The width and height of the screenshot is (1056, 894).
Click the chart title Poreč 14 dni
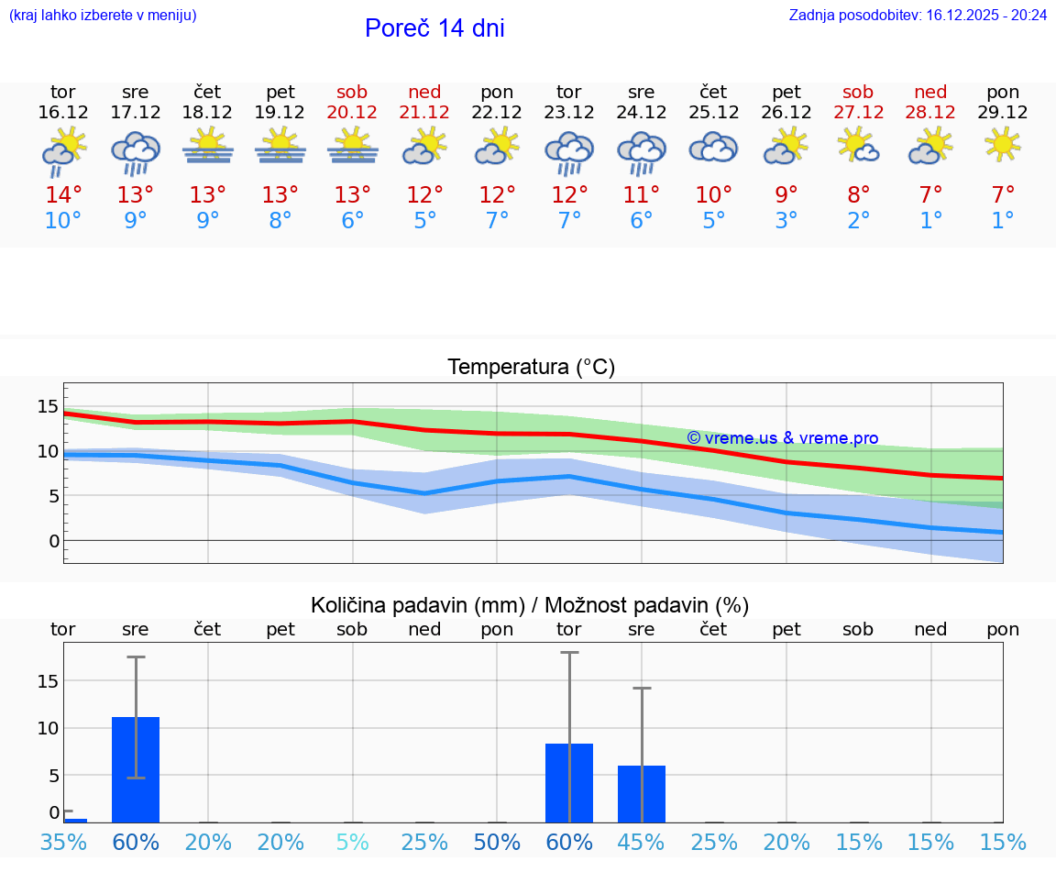[434, 28]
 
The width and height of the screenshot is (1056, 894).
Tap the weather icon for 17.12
[136, 153]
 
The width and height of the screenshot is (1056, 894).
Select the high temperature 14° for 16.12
[63, 195]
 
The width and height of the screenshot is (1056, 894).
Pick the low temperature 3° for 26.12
[786, 221]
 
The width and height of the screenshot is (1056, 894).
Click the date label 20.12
[352, 112]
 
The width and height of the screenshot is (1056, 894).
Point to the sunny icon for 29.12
[1003, 145]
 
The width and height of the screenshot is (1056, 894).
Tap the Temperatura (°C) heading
[531, 368]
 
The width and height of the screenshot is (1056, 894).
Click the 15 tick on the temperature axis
[48, 406]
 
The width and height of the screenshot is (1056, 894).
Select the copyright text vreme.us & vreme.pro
[782, 438]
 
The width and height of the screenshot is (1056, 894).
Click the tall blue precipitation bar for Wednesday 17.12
[136, 769]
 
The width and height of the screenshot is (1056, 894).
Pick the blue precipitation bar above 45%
[642, 794]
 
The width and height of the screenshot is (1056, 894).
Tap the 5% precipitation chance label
[352, 843]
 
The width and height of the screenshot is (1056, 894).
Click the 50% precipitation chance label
[497, 843]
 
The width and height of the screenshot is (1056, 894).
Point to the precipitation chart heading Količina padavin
[530, 605]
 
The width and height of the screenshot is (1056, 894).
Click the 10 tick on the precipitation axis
[48, 728]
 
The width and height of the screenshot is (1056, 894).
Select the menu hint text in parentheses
[103, 16]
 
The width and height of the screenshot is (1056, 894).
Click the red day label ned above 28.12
[931, 92]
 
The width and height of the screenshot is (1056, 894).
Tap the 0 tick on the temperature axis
[53, 541]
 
